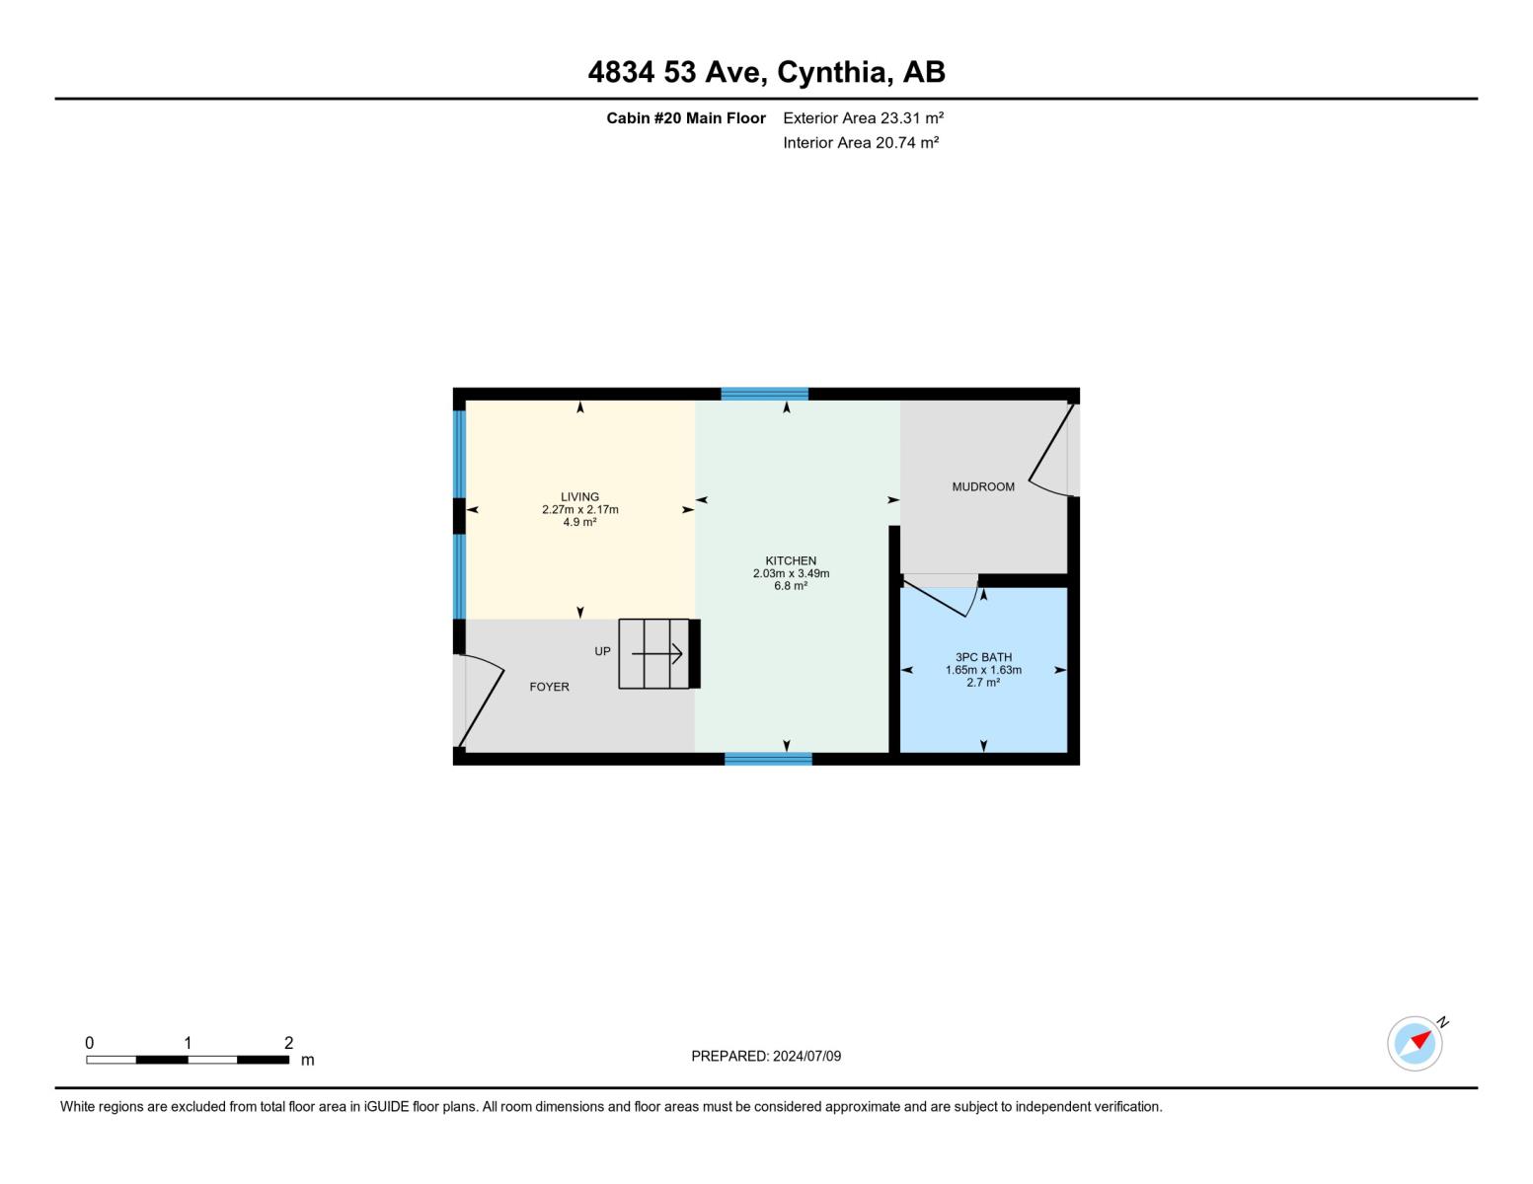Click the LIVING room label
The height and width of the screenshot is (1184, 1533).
click(x=579, y=497)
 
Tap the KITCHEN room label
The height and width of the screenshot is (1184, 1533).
click(x=791, y=560)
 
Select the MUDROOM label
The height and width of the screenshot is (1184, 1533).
click(x=983, y=486)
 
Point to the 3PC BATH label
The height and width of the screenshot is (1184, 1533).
click(x=983, y=657)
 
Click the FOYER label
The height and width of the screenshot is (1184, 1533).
click(x=549, y=687)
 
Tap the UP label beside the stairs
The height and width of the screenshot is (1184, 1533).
click(x=602, y=651)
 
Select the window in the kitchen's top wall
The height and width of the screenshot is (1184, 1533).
click(x=764, y=394)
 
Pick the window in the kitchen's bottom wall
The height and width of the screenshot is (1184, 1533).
click(x=768, y=759)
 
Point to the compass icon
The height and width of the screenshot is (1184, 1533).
click(x=1415, y=1043)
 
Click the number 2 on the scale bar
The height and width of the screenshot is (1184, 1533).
click(x=288, y=1043)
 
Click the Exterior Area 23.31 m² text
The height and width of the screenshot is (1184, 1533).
click(x=863, y=117)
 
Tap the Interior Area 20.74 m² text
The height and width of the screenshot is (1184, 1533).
click(x=860, y=142)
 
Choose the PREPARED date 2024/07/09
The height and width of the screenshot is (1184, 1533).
click(x=766, y=1056)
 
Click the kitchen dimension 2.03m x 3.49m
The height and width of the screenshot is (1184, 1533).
click(x=791, y=573)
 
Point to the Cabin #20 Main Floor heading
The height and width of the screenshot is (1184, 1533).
click(x=685, y=117)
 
